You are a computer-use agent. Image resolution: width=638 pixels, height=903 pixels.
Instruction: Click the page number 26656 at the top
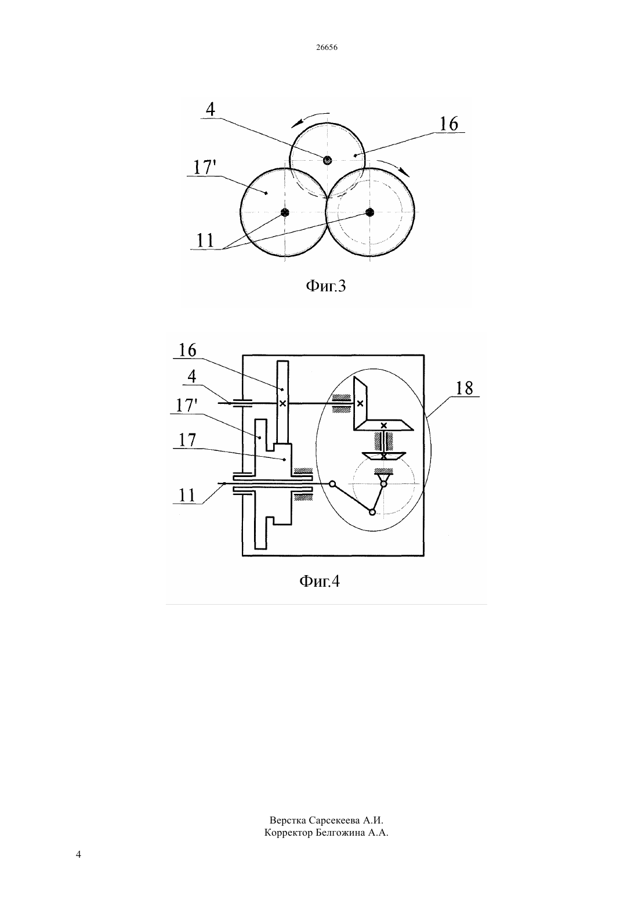[x=327, y=48]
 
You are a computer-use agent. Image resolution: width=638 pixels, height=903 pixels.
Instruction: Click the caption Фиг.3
[x=326, y=286]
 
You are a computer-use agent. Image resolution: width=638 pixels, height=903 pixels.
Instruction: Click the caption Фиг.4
[x=320, y=581]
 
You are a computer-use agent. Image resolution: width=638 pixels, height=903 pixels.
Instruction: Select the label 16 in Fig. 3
[x=448, y=124]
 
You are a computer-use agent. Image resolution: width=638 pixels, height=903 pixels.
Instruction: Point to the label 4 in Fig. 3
[x=210, y=109]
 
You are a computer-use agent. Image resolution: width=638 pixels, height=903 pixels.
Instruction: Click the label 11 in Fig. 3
[x=205, y=240]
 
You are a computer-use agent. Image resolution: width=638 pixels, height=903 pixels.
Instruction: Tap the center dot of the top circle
[x=328, y=160]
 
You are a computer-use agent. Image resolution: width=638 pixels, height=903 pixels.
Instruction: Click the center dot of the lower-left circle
[x=285, y=212]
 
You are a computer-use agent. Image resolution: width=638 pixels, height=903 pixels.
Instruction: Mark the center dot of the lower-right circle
[x=370, y=212]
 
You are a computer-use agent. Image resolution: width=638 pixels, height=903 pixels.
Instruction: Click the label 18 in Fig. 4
[x=464, y=388]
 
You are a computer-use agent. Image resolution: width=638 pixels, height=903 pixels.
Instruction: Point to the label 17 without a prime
[x=187, y=440]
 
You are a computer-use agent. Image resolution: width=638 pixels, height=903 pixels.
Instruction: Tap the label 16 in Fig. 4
[x=187, y=351]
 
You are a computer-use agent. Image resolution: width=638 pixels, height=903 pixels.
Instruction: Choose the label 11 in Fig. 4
[x=187, y=495]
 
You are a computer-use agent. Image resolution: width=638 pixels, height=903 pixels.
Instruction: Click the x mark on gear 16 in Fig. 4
[x=283, y=403]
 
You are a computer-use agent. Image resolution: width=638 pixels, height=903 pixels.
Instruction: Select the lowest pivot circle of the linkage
[x=372, y=512]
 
